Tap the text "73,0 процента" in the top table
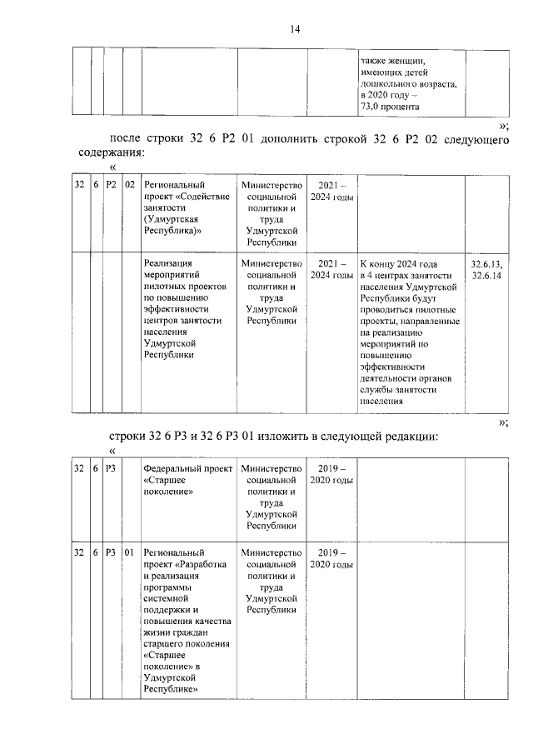click(x=390, y=107)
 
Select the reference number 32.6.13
click(x=486, y=264)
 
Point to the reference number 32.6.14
click(x=486, y=276)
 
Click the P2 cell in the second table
click(x=112, y=185)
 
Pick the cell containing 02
click(x=130, y=185)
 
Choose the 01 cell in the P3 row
click(x=130, y=553)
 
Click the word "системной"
click(x=168, y=598)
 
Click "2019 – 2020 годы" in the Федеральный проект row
click(x=331, y=475)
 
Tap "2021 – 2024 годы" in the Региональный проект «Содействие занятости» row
click(x=331, y=191)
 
